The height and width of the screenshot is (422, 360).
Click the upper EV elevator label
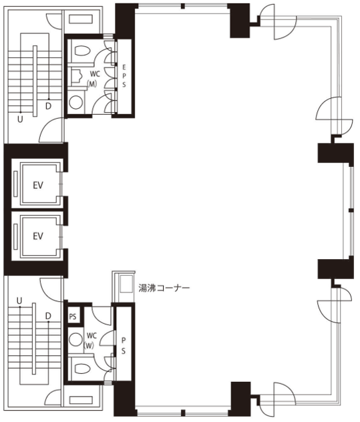pos(38,185)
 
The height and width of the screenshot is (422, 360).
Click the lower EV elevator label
pos(38,236)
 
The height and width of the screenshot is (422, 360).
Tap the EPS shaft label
pos(124,75)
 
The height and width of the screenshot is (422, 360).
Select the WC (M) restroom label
pos(93,79)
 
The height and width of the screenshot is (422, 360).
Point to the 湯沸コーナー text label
pos(164,288)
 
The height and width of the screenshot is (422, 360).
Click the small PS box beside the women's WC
pos(73,316)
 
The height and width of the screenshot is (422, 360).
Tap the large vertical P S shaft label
pos(124,346)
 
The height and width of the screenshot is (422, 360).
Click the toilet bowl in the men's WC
pos(82,51)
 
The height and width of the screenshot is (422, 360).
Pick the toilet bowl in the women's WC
pos(82,369)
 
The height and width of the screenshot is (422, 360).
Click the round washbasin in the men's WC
pos(75,102)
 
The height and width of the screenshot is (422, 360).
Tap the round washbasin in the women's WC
pos(75,340)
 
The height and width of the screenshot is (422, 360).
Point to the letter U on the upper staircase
pos(20,120)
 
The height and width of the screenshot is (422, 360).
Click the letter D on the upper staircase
pos(48,106)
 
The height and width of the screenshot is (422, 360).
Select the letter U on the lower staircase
pos(19,300)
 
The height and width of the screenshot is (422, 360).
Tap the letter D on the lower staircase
pos(48,316)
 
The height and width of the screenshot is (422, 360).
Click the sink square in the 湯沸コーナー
pos(126,284)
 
